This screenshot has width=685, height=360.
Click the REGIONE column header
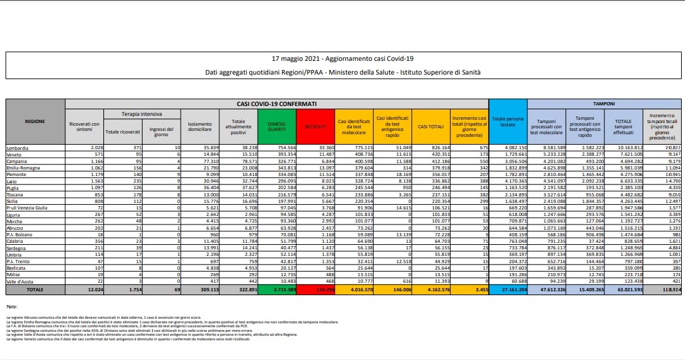(x=35, y=122)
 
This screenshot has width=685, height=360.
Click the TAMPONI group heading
(x=603, y=103)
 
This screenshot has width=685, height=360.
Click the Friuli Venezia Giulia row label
(x=26, y=207)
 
